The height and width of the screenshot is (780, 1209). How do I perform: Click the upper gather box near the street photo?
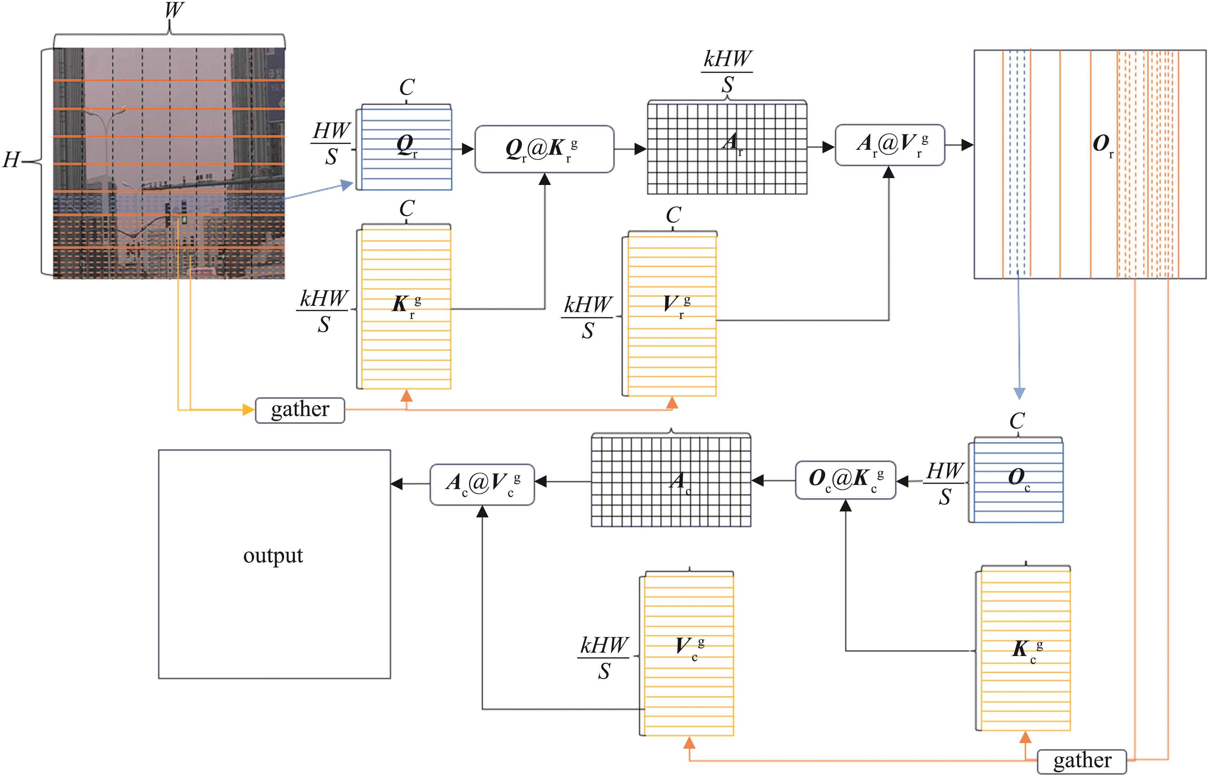[x=300, y=410]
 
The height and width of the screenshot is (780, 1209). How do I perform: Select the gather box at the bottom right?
[x=1082, y=761]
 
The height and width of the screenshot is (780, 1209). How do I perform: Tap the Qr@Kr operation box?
[x=544, y=149]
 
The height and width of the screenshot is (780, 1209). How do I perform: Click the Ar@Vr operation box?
[x=890, y=145]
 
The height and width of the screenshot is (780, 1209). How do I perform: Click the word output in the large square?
[x=273, y=556]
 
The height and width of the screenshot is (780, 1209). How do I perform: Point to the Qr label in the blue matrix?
[x=407, y=146]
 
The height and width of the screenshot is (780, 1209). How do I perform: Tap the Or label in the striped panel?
[x=1103, y=145]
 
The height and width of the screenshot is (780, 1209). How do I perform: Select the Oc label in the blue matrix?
[x=1019, y=479]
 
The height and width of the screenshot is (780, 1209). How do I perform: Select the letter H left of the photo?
[x=11, y=160]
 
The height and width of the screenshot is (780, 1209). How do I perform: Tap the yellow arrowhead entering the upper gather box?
[x=249, y=410]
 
